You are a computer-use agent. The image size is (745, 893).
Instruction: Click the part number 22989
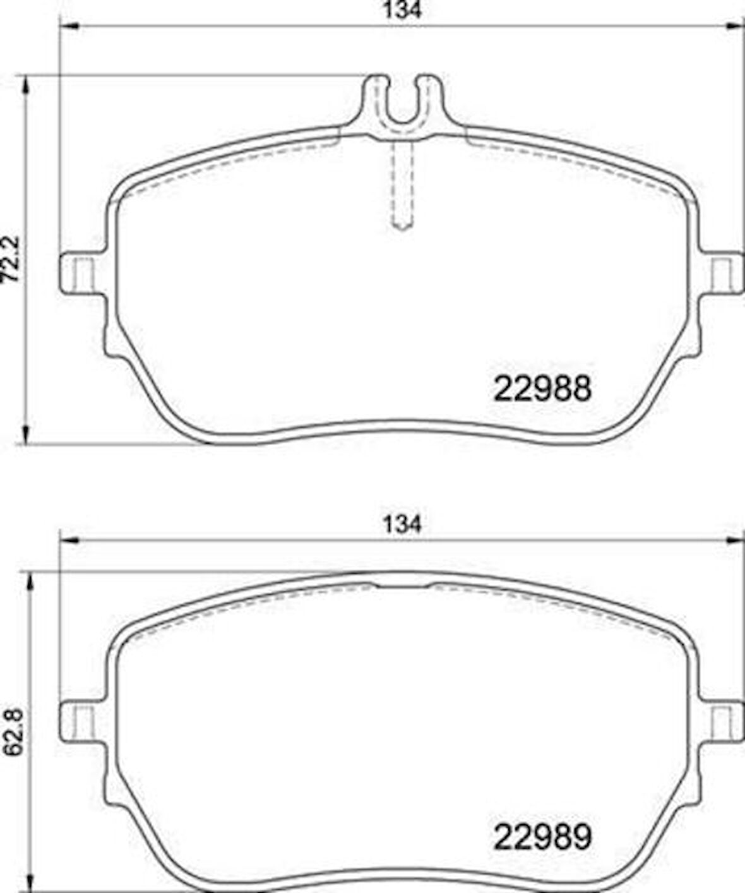[x=542, y=837]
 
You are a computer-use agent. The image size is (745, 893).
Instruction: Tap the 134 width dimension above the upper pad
[x=402, y=11]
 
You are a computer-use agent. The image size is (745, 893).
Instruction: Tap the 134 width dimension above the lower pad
[x=402, y=524]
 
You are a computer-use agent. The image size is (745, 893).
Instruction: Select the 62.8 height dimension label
[x=11, y=733]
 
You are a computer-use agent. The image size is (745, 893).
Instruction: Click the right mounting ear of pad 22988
[x=724, y=273]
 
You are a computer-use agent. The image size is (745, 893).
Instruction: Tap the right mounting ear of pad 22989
[x=724, y=722]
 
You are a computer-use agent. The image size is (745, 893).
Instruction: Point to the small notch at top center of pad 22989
[x=402, y=585]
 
